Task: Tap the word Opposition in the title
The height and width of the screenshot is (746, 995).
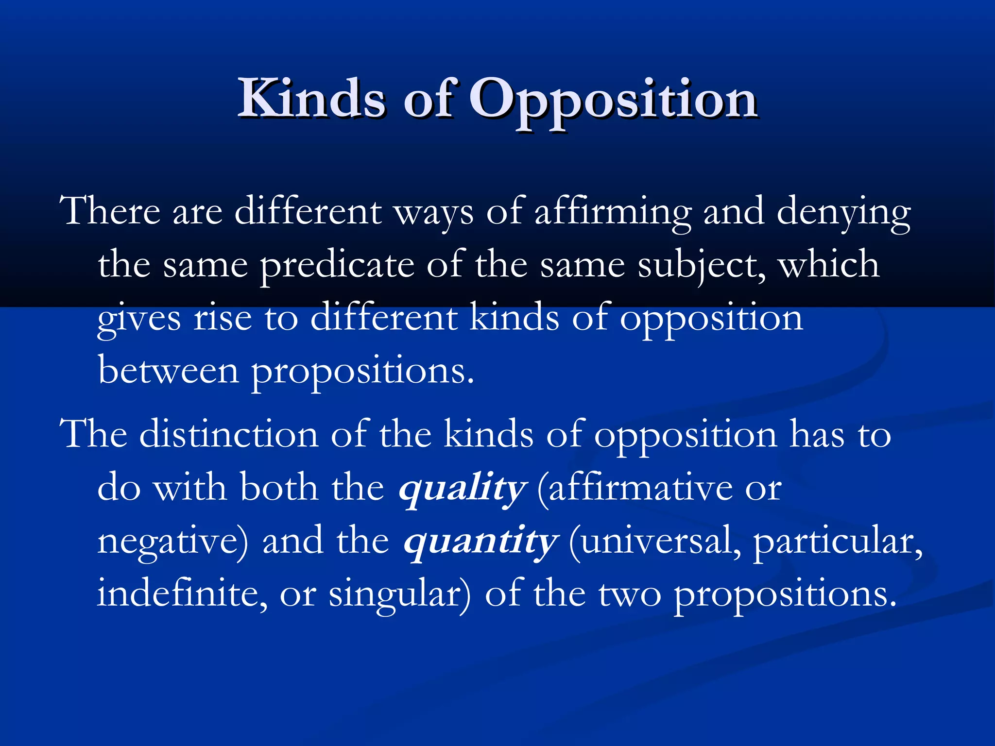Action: tap(613, 100)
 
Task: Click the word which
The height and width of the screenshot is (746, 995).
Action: tap(829, 265)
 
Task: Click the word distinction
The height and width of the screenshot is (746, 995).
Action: tap(228, 434)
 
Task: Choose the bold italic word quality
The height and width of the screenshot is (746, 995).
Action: tap(462, 488)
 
